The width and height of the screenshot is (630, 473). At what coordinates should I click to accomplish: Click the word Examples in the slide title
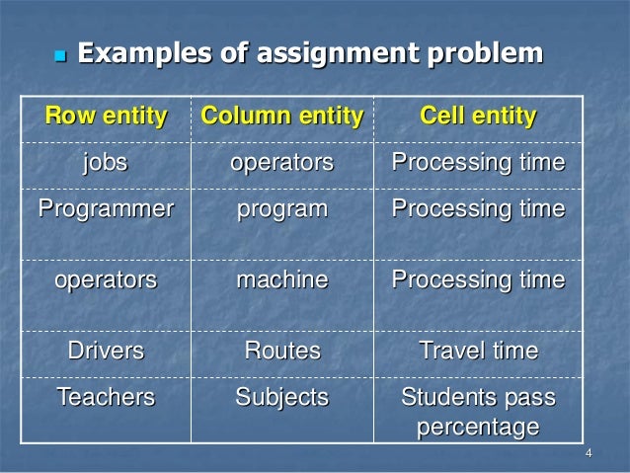click(x=128, y=53)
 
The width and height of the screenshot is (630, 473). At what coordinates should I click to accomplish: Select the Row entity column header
click(x=106, y=117)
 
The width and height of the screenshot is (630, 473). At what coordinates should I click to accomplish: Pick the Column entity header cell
click(x=282, y=117)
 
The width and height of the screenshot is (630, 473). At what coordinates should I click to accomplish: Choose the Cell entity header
click(x=478, y=117)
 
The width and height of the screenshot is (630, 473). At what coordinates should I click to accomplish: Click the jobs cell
click(x=106, y=163)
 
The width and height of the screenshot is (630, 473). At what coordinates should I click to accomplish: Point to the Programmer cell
click(x=106, y=209)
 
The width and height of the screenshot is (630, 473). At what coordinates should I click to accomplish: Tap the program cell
click(x=282, y=209)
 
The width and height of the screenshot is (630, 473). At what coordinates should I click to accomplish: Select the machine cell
click(x=282, y=279)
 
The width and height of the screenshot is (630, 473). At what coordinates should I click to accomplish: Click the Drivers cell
click(x=106, y=351)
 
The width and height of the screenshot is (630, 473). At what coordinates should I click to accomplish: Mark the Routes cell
click(x=282, y=351)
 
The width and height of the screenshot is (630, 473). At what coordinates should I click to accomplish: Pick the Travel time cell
click(x=478, y=351)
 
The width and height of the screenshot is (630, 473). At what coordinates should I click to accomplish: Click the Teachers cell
click(x=106, y=397)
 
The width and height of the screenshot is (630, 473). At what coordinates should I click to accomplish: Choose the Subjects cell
click(x=282, y=397)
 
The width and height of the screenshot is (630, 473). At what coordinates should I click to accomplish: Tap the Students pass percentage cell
click(x=478, y=412)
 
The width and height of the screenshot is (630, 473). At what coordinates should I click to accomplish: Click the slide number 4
click(x=588, y=453)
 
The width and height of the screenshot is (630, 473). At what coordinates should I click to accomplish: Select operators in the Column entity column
click(x=282, y=163)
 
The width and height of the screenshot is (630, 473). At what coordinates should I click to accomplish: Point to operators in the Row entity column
click(x=106, y=279)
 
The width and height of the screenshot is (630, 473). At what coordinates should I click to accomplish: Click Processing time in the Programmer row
click(x=478, y=209)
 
